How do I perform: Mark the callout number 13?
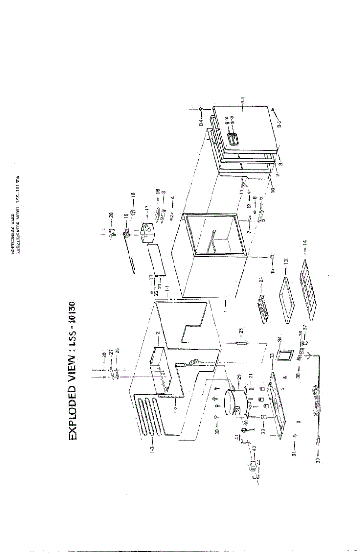[287, 262]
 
